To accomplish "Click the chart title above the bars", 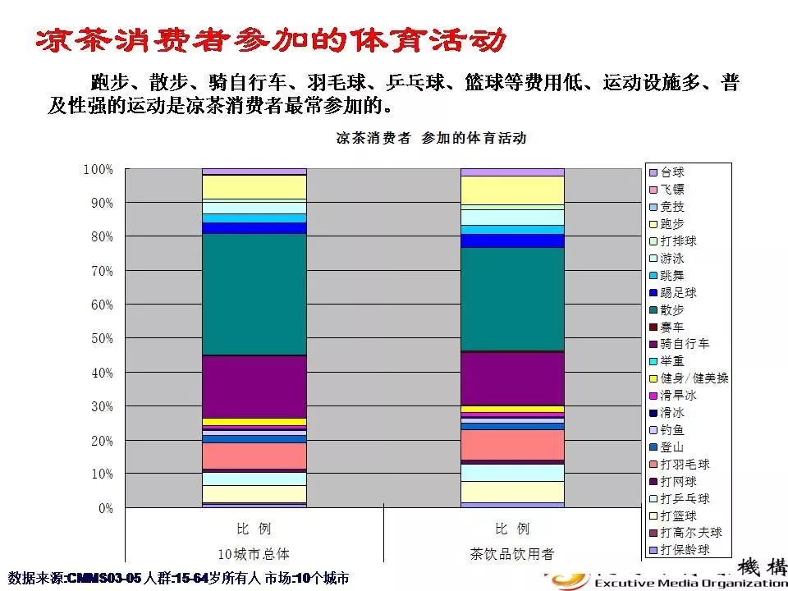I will coord(431,138).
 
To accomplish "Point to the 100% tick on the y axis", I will coord(98,169).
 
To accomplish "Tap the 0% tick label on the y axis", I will coord(103,509).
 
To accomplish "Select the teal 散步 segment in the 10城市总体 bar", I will coord(254,294).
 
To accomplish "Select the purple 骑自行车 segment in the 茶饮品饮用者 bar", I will coord(512,378).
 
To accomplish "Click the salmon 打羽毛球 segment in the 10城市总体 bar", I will coord(254,455).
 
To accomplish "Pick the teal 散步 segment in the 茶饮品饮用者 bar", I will coord(512,299).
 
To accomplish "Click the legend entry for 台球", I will coord(672,173).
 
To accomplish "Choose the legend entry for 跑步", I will coord(672,224).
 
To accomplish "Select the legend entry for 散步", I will coord(672,309).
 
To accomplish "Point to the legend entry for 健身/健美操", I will coord(694,378).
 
